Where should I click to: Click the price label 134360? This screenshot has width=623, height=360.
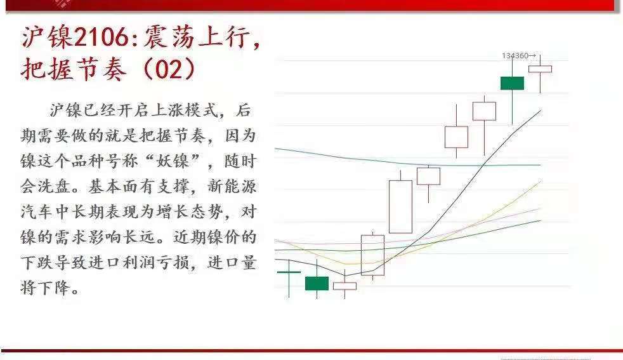click(x=515, y=56)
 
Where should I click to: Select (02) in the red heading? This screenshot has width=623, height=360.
click(x=167, y=69)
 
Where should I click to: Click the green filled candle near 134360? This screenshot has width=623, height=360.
click(x=512, y=83)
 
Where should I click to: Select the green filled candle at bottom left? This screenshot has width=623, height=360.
click(x=317, y=283)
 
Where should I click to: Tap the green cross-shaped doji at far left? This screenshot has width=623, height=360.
click(x=289, y=272)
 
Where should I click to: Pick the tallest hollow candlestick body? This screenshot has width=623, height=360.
click(x=400, y=207)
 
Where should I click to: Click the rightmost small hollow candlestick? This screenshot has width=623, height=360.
click(x=541, y=69)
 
